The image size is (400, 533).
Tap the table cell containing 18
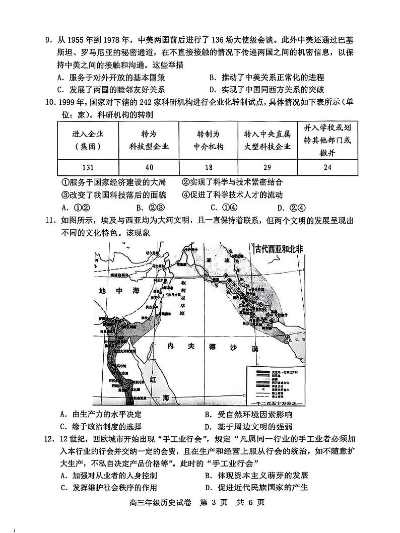(x=208, y=168)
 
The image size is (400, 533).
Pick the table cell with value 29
(x=268, y=168)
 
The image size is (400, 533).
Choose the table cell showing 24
(x=327, y=168)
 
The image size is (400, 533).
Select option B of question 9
(x=266, y=78)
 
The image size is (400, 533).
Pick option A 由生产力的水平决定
(x=100, y=414)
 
